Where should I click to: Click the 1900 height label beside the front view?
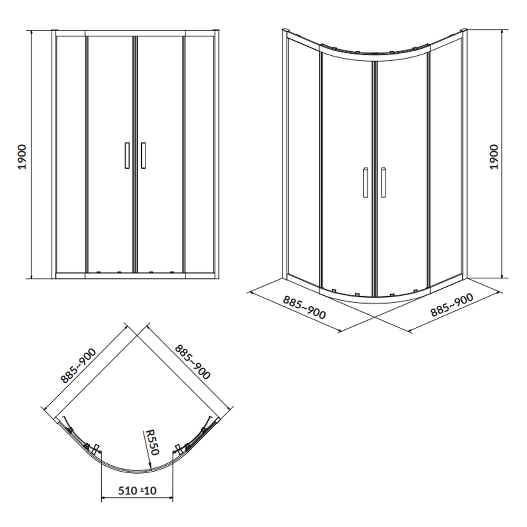22,157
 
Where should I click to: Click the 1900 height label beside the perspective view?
494,157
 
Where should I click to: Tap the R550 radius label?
151,442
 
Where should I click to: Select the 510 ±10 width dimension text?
137,490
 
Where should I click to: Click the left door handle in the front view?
127,155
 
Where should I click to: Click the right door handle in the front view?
143,155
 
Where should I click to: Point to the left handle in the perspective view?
365,182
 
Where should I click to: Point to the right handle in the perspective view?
384,182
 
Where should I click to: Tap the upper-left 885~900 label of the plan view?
79,366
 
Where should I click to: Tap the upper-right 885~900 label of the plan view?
192,362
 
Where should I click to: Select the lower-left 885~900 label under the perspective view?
304,307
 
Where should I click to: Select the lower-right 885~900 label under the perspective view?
452,305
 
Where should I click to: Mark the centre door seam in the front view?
135,154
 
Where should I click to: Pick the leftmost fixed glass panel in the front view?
71,154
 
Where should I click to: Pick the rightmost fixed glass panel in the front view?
199,154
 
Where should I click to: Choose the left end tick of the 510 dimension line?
102,497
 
